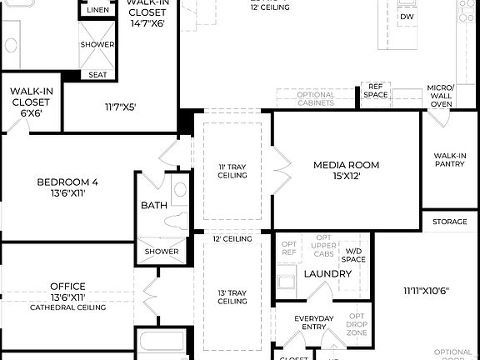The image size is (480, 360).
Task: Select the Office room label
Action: click(x=67, y=286)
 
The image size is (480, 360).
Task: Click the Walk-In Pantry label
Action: click(x=450, y=159)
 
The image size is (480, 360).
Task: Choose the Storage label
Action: click(x=450, y=222)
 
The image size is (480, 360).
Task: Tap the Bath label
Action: click(x=153, y=205)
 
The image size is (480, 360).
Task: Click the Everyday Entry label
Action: click(x=314, y=323)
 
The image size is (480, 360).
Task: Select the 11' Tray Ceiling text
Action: click(x=232, y=171)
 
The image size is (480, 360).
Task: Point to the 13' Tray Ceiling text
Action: click(x=232, y=297)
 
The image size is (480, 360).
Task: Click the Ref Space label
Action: click(x=375, y=90)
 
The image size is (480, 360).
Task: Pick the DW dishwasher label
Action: click(x=407, y=17)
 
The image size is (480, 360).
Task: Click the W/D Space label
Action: click(x=355, y=255)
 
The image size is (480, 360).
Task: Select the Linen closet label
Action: click(x=97, y=10)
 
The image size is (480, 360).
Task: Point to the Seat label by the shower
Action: click(x=97, y=75)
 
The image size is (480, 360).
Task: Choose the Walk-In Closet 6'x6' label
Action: click(x=31, y=102)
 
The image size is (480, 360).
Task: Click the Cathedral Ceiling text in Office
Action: click(x=67, y=307)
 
